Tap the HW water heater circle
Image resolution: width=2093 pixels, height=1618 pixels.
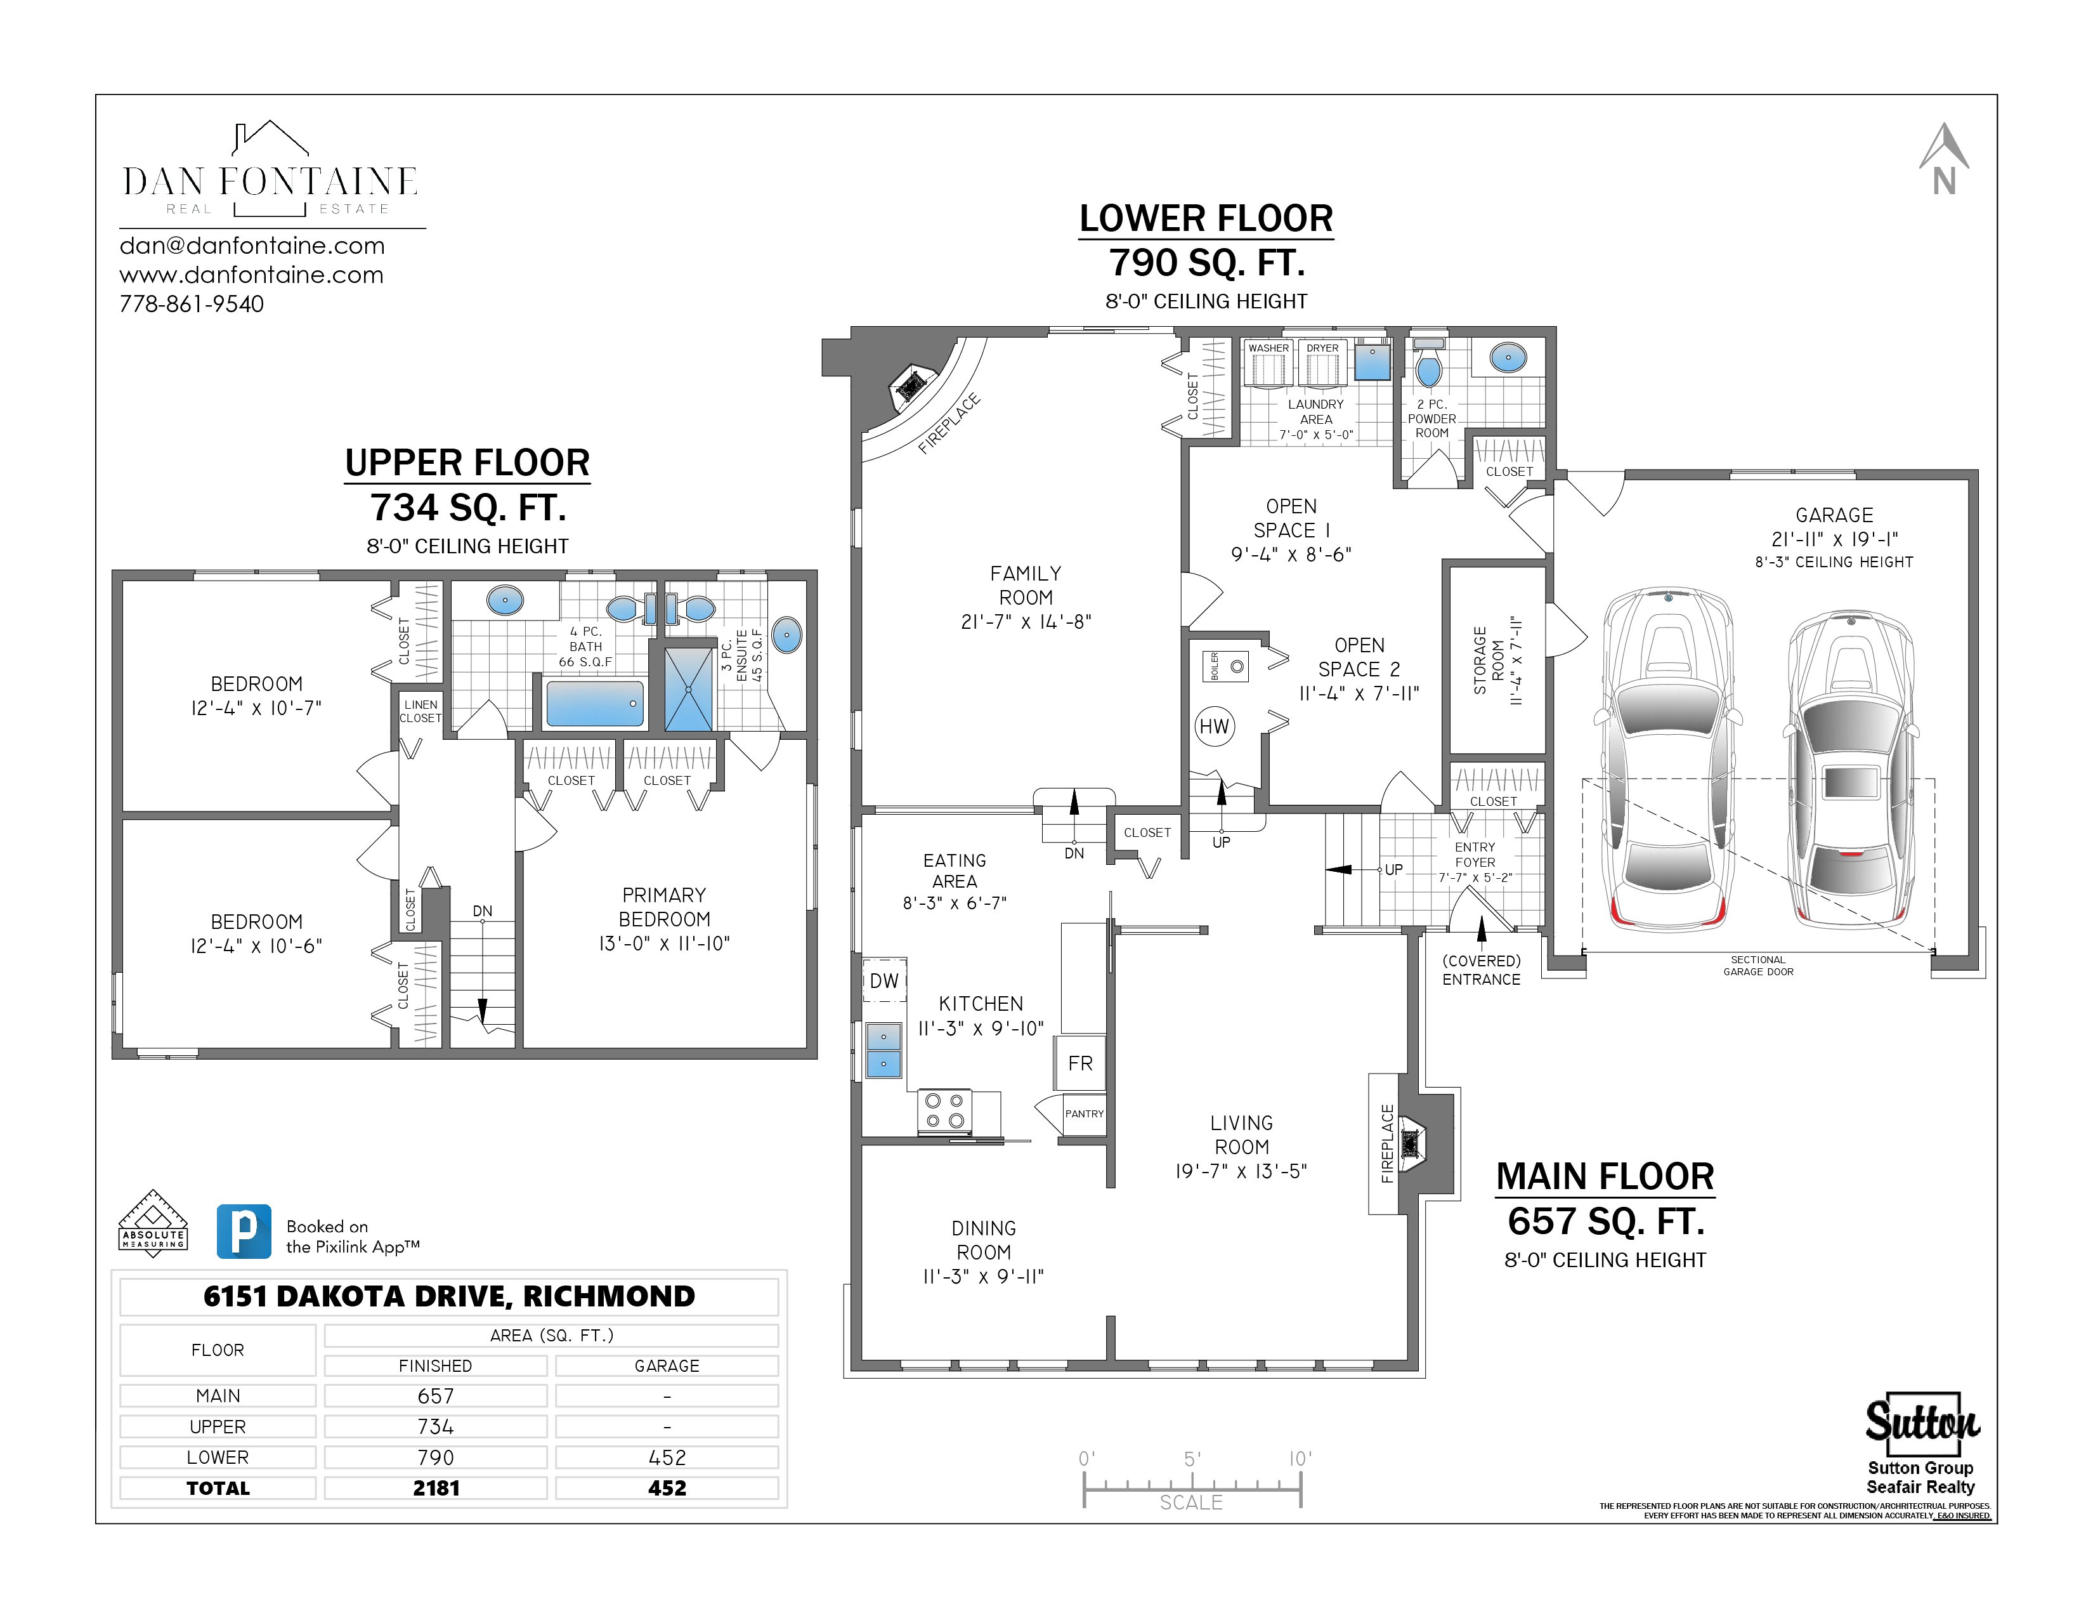click(x=1214, y=726)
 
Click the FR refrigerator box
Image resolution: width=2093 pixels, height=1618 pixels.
click(x=1080, y=1063)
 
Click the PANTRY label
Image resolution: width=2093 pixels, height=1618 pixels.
click(x=1084, y=1114)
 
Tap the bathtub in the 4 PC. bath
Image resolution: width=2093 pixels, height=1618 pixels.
click(x=594, y=704)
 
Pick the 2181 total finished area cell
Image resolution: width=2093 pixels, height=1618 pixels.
click(x=436, y=1488)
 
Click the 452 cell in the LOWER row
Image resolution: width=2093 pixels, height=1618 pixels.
click(x=667, y=1457)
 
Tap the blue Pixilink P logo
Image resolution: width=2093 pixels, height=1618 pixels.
click(x=244, y=1231)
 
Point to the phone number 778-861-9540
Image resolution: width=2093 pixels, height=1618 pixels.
click(x=192, y=304)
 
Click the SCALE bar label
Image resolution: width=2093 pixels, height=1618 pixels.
click(x=1191, y=1502)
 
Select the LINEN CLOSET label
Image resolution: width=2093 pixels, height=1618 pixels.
click(x=421, y=711)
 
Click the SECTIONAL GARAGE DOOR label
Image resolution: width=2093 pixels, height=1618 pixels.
click(x=1757, y=965)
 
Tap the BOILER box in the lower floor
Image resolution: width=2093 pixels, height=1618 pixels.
click(x=1226, y=666)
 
